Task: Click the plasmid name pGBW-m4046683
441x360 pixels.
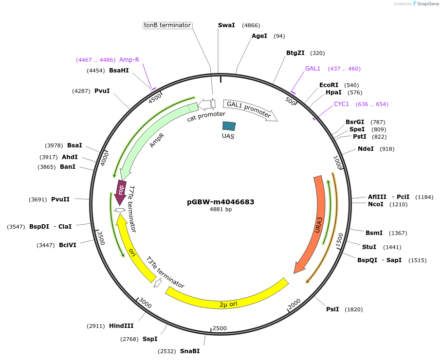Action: tap(220, 202)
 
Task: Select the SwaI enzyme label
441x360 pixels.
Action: tap(226, 25)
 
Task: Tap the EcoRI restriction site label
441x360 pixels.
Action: tap(329, 85)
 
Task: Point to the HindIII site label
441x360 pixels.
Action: tap(121, 326)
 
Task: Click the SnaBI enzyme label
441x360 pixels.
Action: tap(190, 351)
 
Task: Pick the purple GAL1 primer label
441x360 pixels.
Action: tap(312, 69)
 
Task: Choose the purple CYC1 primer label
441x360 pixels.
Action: tap(341, 104)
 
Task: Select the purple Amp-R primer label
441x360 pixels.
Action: tap(129, 60)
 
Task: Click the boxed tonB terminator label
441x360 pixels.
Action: tap(167, 25)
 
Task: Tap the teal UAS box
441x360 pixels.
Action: tap(229, 126)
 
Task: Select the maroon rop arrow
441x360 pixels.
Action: tap(120, 192)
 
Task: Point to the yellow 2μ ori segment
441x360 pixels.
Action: tap(229, 302)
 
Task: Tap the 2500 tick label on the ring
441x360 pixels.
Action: tap(220, 328)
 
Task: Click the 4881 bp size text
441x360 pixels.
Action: tap(220, 210)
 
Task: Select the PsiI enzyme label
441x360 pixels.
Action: tap(332, 309)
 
